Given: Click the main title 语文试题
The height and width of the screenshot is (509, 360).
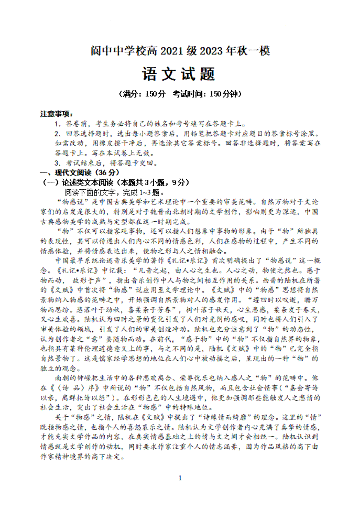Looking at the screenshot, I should pos(179,74).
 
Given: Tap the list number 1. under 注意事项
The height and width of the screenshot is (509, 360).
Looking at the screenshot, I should pos(58,124).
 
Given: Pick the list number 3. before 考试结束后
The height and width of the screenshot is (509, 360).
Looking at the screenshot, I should pos(58,163).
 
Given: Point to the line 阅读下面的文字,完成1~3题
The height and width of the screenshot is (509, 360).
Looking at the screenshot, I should pos(114,192).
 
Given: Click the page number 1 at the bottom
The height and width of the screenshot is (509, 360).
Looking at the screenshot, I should pos(180,478).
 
